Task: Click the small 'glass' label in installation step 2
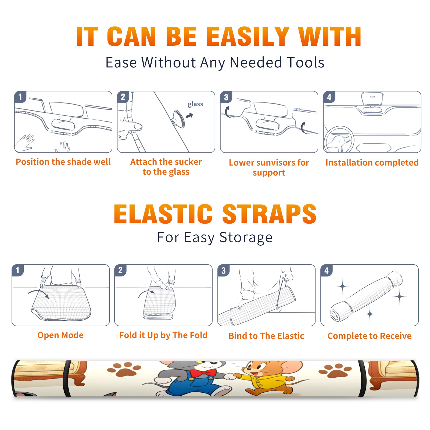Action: coord(195,104)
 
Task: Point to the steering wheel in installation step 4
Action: coord(339,140)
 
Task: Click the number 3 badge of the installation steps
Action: coord(226,97)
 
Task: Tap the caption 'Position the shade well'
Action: coord(63,162)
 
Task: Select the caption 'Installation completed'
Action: coord(372,163)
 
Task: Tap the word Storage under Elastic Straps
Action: coord(246,238)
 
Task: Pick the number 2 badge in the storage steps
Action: coord(120,270)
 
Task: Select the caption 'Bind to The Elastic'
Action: coord(266,336)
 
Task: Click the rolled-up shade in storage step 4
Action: coord(366,296)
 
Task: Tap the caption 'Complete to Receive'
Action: coord(370,336)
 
